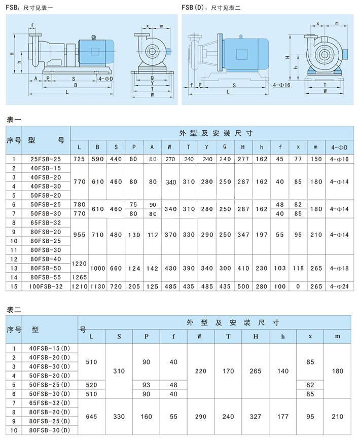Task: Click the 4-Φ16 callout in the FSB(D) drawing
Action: pyautogui.click(x=281, y=85)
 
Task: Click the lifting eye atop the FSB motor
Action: pyautogui.click(x=93, y=37)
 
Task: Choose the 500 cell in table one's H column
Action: pyautogui.click(x=243, y=287)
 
